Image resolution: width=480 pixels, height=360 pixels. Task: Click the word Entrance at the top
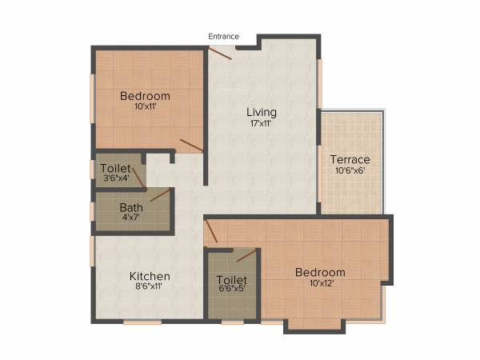224,36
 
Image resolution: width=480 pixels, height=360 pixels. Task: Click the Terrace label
350,159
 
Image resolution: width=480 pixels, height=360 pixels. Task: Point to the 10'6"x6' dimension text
350,171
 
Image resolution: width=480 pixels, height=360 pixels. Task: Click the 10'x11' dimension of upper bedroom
145,108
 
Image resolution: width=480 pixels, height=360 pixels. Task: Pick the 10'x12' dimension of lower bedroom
320,283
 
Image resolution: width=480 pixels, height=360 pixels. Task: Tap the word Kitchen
150,277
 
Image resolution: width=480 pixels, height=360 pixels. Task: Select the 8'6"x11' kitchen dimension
150,288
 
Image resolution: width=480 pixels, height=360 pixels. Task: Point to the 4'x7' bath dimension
110,218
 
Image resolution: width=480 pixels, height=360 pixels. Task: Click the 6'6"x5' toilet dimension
231,290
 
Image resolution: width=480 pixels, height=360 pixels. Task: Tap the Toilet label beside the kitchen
231,280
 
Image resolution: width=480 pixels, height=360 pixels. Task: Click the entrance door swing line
220,53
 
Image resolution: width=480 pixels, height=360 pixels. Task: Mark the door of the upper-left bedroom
191,145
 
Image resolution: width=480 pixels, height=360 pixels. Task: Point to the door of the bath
160,195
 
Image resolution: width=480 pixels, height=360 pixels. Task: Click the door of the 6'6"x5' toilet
246,256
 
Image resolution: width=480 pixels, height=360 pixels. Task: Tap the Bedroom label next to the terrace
320,272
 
